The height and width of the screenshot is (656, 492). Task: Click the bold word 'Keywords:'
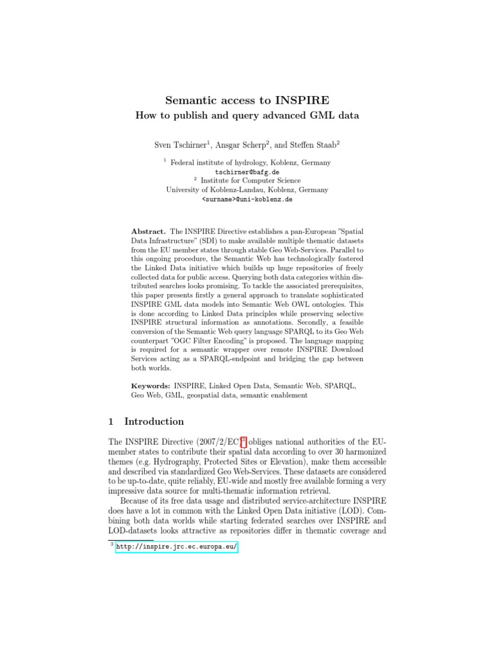pyautogui.click(x=151, y=387)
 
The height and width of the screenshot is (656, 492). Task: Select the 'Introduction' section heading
pyautogui.click(x=154, y=422)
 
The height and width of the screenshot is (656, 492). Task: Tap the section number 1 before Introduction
pyautogui.click(x=111, y=422)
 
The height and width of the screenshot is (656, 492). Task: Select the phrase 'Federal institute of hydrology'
pyautogui.click(x=216, y=163)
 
